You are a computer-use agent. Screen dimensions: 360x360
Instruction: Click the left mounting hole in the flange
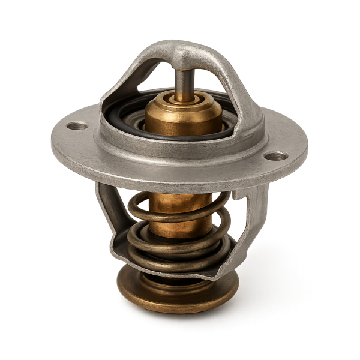[x=77, y=127]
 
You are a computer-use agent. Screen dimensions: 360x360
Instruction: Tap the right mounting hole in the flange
[x=277, y=156]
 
